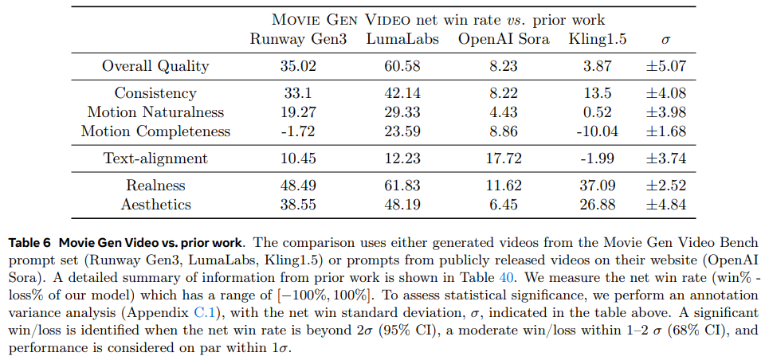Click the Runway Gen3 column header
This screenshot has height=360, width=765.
point(299,40)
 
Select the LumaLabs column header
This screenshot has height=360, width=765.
point(402,40)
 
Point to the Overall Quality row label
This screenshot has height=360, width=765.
point(155,66)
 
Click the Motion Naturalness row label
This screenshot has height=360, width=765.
point(155,112)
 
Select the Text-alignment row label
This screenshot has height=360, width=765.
point(155,158)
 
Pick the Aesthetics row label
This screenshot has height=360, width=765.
point(155,205)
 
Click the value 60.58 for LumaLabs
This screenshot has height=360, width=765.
point(402,66)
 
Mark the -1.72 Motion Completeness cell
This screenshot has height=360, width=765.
point(299,131)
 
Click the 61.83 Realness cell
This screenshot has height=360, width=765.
point(402,186)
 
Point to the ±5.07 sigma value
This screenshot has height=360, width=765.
point(665,66)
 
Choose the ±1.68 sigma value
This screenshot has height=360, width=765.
point(665,131)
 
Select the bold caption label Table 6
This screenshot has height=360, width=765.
point(29,241)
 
